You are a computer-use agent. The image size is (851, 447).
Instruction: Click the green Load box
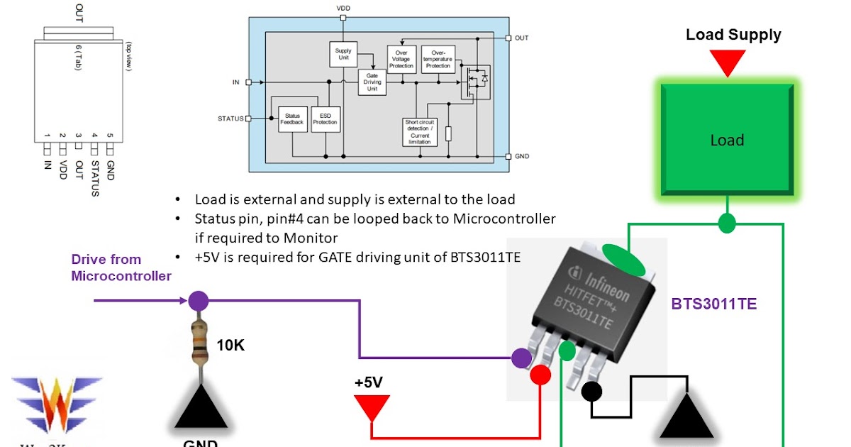(727, 140)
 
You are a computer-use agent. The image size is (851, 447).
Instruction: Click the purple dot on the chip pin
(522, 358)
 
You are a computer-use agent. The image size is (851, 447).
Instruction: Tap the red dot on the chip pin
(540, 375)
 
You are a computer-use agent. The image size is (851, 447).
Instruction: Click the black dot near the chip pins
(591, 391)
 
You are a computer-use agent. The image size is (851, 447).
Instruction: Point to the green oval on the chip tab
(623, 260)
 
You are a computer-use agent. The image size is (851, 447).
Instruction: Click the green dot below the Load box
(726, 223)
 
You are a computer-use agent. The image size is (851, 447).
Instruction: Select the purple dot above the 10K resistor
(199, 301)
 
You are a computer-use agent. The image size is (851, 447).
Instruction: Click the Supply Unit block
(343, 55)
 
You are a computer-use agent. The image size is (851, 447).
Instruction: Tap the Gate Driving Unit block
(372, 82)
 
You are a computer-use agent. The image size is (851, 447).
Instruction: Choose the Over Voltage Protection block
(401, 59)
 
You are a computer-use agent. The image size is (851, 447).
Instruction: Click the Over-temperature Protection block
(438, 59)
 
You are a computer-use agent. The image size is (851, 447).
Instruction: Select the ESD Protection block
(325, 118)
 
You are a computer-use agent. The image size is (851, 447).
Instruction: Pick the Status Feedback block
(292, 118)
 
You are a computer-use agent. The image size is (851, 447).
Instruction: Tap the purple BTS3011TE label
(713, 304)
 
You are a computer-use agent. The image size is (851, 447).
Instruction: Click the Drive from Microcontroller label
(121, 267)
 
